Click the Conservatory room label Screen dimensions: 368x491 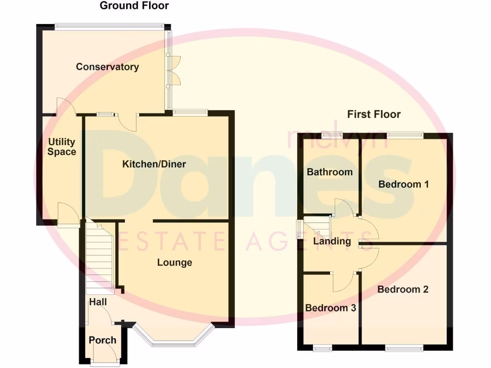(107, 67)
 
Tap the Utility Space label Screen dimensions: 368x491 (62, 147)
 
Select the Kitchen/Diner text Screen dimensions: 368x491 (154, 164)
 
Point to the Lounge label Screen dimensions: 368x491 (175, 263)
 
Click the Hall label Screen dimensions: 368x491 (98, 302)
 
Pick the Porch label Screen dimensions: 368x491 (103, 340)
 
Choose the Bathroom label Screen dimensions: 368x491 (330, 172)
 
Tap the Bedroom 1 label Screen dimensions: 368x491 (403, 184)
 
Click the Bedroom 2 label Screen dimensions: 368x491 (403, 289)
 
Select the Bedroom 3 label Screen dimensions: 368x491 (330, 308)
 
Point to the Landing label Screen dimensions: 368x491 (332, 241)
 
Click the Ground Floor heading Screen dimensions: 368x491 (134, 6)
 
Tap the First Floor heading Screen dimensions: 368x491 (374, 114)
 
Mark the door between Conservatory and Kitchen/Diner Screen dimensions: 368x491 (129, 123)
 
